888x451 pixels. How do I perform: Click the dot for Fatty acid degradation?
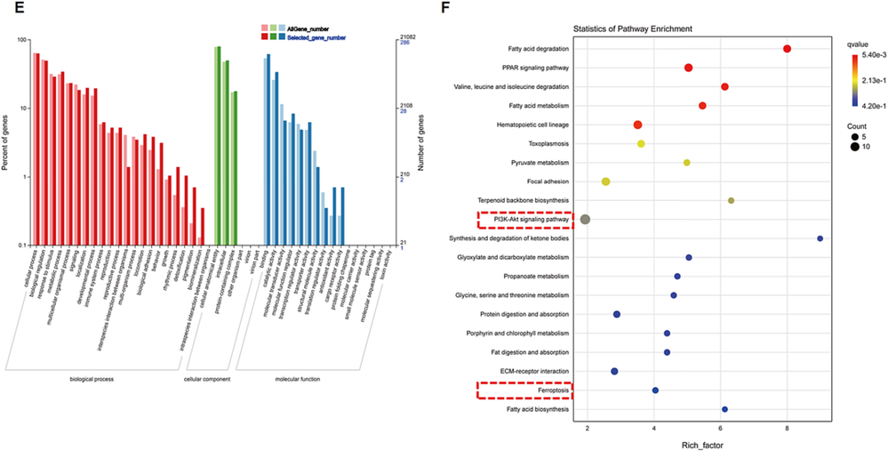(x=788, y=49)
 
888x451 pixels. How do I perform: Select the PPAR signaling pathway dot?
(x=689, y=68)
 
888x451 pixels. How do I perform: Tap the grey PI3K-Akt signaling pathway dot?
(x=585, y=219)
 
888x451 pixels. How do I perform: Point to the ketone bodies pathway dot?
(x=820, y=238)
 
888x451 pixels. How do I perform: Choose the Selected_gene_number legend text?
(x=323, y=38)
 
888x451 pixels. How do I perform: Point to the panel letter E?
(x=8, y=10)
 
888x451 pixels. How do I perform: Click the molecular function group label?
(x=299, y=379)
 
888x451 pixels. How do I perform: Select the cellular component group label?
(x=206, y=379)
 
